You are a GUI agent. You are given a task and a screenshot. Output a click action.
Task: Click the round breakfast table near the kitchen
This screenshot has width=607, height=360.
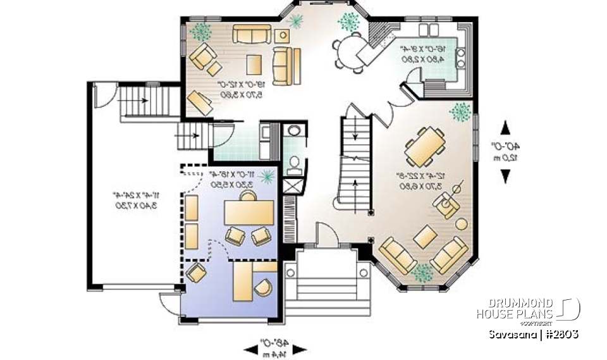[347, 47]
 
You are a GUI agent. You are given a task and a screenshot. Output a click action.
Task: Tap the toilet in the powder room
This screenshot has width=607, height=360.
[293, 166]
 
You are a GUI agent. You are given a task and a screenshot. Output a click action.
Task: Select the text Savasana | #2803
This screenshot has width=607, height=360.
[534, 334]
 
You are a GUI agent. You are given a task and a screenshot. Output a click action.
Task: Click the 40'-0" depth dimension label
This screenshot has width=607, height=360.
[506, 152]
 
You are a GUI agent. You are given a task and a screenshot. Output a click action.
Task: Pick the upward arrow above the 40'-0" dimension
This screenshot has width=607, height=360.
[505, 128]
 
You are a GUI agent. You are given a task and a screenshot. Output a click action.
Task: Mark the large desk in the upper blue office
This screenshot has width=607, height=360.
[248, 213]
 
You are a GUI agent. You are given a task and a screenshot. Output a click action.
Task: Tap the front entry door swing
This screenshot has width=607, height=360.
[326, 236]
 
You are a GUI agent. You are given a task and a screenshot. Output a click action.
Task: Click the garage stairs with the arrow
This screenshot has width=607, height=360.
[145, 101]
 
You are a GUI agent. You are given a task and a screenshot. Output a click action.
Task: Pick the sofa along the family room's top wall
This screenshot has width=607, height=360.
[252, 33]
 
